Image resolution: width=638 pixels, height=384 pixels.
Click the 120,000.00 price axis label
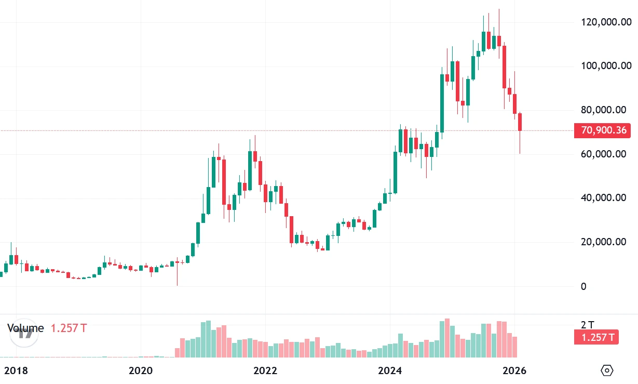[606, 22]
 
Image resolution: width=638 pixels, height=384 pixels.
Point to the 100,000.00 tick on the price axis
[606, 66]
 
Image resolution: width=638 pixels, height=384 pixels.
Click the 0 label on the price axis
[583, 286]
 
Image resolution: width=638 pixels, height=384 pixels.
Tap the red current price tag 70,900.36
[603, 130]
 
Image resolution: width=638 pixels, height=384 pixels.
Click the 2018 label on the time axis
[16, 371]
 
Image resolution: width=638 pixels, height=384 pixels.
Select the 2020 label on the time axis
[140, 371]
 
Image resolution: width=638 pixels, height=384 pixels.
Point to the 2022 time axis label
[265, 371]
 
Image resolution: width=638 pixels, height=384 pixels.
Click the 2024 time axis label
[390, 371]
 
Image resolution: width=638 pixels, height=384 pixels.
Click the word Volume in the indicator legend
[25, 328]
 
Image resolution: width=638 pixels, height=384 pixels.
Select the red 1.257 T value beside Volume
[69, 328]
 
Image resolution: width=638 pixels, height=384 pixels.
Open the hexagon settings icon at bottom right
[607, 370]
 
